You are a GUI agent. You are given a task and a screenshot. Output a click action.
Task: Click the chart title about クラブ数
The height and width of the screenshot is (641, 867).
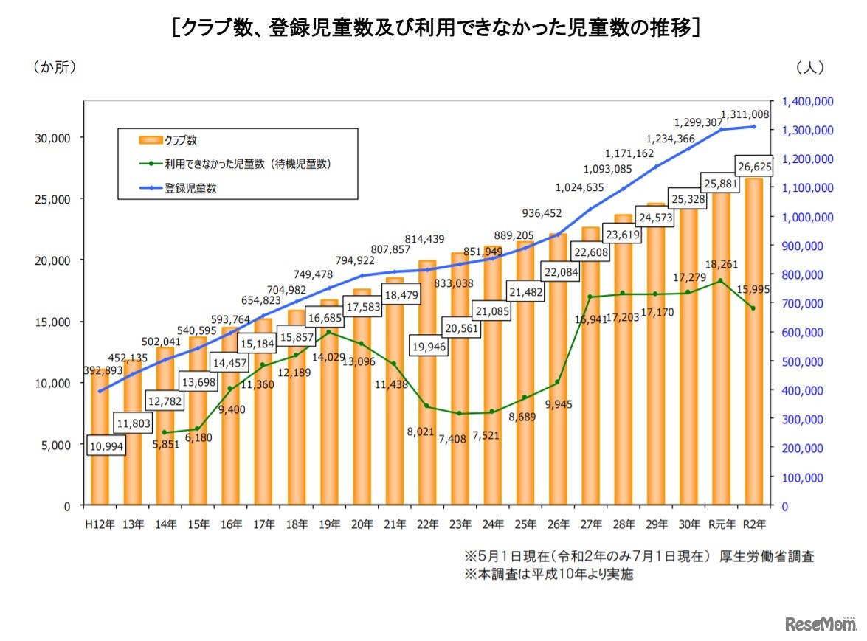click(x=435, y=29)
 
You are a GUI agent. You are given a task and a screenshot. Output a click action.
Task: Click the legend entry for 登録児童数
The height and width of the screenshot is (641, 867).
click(x=190, y=188)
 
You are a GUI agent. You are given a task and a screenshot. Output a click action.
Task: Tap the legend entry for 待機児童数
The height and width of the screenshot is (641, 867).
click(x=247, y=164)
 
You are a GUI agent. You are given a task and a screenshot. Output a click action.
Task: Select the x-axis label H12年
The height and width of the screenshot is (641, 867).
click(x=98, y=524)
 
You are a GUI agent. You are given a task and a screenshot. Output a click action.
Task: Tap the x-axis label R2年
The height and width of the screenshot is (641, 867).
click(x=753, y=524)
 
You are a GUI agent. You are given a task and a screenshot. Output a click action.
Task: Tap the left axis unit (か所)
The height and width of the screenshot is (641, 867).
click(x=54, y=67)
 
